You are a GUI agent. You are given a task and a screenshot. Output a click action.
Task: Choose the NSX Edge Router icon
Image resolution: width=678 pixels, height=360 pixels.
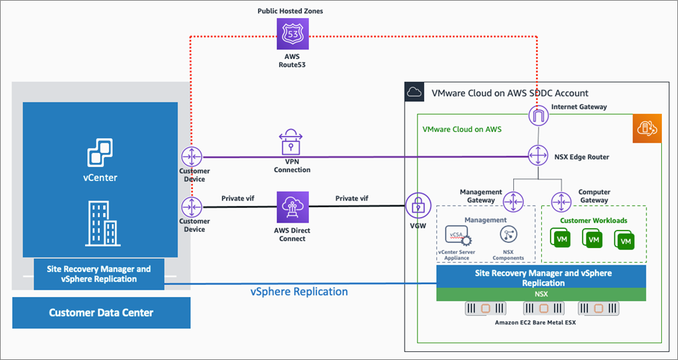539,156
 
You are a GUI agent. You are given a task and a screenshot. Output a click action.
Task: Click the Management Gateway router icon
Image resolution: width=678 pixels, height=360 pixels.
514,200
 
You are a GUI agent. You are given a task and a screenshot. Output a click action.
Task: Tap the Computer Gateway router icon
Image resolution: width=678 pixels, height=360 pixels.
560,200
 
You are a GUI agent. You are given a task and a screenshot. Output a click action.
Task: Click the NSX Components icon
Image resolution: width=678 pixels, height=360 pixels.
508,235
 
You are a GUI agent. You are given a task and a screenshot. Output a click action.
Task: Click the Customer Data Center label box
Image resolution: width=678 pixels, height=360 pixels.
101,313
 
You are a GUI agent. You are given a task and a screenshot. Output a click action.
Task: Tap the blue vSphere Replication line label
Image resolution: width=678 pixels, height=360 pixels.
299,292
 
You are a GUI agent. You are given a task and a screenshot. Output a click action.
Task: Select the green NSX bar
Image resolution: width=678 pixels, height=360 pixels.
541,294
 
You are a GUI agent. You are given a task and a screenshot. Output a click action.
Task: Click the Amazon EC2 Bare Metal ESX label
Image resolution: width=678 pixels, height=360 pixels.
541,323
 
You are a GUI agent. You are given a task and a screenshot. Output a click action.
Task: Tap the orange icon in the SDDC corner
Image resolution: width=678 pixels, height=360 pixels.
647,128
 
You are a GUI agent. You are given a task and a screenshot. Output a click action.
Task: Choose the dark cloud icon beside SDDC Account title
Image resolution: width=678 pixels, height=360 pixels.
414,93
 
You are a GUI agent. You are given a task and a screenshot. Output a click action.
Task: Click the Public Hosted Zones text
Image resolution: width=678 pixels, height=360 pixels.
291,11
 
